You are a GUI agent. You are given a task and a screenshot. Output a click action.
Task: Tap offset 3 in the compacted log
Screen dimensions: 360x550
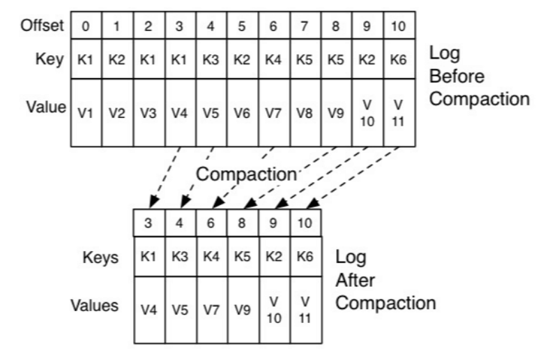[148, 225]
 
